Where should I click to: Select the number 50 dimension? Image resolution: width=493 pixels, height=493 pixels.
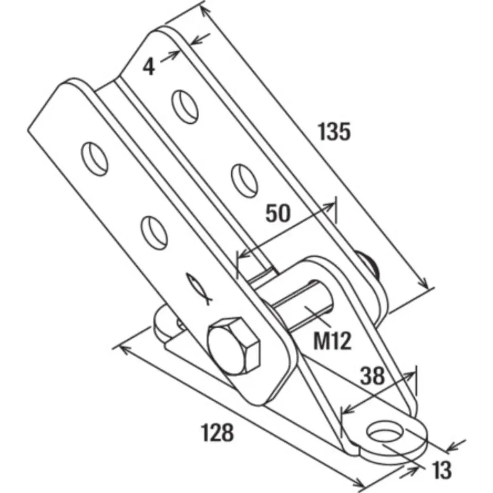278,213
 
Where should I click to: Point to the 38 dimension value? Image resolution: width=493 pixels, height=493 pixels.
372,375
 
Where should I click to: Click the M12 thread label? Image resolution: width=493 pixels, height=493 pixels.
332,341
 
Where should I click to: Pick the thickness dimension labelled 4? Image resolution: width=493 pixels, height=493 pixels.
149,67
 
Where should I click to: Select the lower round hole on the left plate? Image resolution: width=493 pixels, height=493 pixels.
154,233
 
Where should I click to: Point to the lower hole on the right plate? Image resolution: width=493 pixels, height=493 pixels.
244,180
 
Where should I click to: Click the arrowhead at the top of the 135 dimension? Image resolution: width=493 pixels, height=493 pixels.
205,11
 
